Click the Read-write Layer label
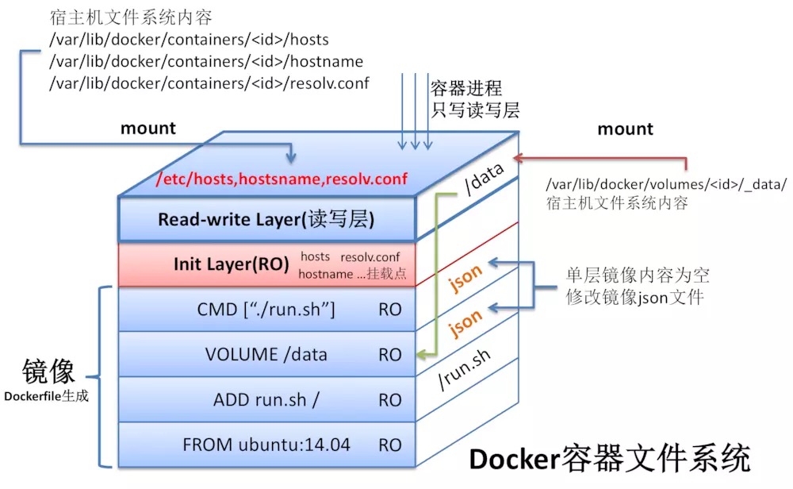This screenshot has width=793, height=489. [266, 220]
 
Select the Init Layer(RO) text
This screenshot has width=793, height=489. [231, 264]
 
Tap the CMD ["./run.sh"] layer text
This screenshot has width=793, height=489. [266, 310]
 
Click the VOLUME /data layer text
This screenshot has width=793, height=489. [266, 354]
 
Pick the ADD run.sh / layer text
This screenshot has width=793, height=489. [266, 400]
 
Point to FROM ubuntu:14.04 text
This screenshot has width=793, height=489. [266, 445]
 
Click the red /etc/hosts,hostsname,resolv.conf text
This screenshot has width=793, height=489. [282, 179]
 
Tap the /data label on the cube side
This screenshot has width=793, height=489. [485, 179]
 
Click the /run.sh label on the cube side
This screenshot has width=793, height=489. [464, 370]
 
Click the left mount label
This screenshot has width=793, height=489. [148, 129]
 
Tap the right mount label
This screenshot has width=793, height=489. [626, 129]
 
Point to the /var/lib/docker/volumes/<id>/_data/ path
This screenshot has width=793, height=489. [667, 184]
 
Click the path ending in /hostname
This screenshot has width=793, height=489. [206, 61]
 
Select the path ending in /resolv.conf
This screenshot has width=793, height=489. [209, 83]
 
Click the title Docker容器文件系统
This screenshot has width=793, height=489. [610, 459]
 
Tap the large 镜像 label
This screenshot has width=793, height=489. [48, 371]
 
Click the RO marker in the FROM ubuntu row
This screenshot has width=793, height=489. [390, 445]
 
